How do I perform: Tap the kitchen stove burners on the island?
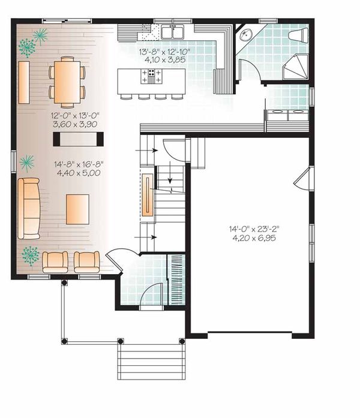151,76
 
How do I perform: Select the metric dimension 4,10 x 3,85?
164,61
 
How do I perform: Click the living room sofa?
28,208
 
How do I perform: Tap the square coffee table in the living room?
77,209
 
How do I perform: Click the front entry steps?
150,358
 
